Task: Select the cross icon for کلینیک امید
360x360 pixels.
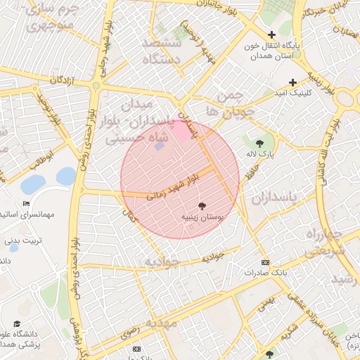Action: click(292, 82)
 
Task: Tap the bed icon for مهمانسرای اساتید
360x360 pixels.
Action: click(26, 203)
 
